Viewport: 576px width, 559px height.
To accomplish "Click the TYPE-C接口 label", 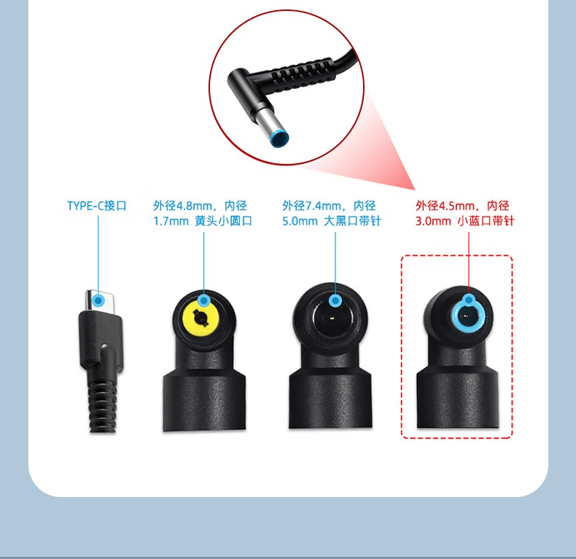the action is coord(97,206).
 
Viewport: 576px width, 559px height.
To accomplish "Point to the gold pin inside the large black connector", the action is coord(332,317).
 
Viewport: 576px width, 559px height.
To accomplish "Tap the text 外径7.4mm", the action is coord(312,206).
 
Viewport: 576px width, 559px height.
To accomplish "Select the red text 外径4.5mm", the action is coord(445,206).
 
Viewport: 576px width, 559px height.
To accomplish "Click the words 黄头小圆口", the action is coord(223,221).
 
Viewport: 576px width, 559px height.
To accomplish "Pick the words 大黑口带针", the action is coord(353,221).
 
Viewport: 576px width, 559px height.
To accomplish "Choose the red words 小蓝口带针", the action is coord(486,221).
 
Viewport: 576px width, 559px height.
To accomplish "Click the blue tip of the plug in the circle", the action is coord(280,138).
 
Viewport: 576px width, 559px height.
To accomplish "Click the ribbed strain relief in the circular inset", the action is coord(302,73).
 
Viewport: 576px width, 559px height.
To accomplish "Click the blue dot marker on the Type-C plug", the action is coord(98,301).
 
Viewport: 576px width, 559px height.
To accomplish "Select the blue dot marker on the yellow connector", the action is coord(204,301).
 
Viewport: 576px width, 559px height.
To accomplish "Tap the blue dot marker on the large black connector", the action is coord(335,301).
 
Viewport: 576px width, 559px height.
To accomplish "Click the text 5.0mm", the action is coord(300,221).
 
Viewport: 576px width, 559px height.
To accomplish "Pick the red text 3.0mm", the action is coord(433,221).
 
